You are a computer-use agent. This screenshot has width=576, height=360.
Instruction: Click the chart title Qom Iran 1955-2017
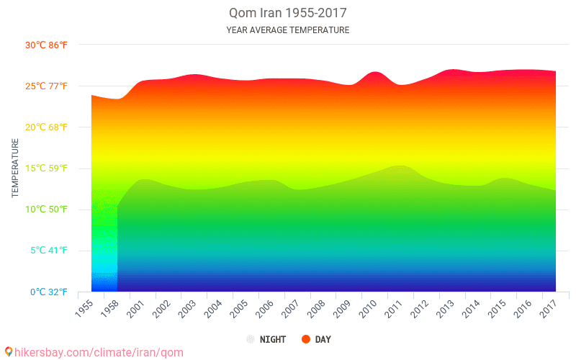pyautogui.click(x=287, y=14)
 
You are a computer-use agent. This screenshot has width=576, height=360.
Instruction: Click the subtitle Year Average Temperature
pyautogui.click(x=287, y=30)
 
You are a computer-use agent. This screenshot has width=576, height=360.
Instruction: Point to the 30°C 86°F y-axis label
pyautogui.click(x=47, y=45)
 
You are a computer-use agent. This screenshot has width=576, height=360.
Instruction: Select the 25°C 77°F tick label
pyautogui.click(x=47, y=86)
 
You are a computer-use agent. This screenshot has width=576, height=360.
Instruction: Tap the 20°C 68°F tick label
pyautogui.click(x=47, y=127)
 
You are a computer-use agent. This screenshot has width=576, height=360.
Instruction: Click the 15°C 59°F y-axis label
pyautogui.click(x=47, y=168)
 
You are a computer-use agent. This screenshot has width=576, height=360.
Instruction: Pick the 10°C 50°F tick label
pyautogui.click(x=47, y=210)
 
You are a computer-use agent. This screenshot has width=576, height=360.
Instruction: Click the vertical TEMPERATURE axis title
pyautogui.click(x=15, y=168)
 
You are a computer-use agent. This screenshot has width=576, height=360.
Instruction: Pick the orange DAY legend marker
pyautogui.click(x=305, y=339)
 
